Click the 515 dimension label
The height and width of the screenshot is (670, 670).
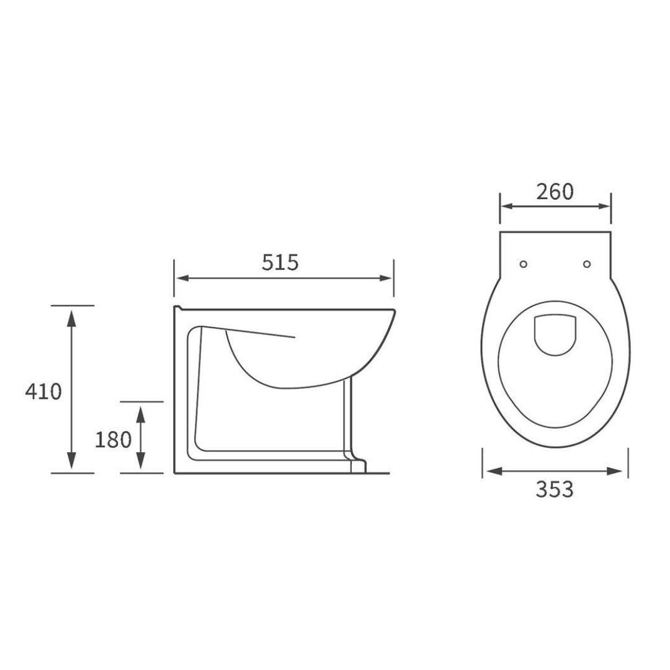click(280, 262)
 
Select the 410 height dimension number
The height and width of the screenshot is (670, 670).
click(43, 391)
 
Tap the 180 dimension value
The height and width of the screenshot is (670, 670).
click(113, 439)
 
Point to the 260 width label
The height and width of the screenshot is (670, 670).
click(555, 192)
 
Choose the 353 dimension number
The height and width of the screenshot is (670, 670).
click(555, 489)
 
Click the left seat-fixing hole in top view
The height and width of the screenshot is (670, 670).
click(523, 264)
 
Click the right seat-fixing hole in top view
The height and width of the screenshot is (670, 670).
click(587, 264)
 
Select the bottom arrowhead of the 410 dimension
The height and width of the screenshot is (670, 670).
click(72, 463)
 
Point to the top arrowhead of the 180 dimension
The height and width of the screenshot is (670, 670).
click(141, 411)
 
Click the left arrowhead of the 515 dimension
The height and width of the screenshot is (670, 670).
click(181, 279)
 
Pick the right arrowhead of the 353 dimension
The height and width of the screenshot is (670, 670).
click(616, 471)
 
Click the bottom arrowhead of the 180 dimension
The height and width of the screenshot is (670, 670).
click(141, 463)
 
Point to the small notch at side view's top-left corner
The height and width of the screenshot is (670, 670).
click(178, 308)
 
